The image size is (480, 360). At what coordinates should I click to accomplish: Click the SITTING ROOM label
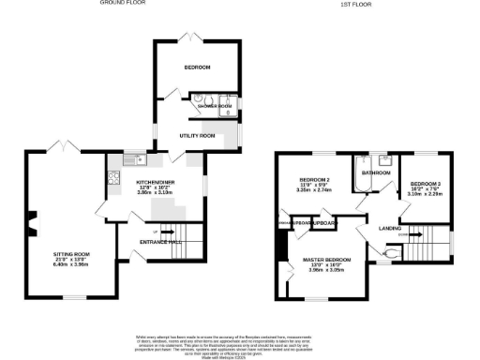click(70, 253)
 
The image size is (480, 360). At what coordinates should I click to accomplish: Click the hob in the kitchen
click(115, 177)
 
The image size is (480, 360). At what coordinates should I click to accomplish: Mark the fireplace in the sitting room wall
click(33, 224)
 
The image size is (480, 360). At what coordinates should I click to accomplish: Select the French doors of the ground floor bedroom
click(193, 38)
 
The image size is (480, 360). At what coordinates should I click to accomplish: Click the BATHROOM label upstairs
click(377, 172)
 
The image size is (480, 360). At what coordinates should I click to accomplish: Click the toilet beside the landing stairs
click(393, 251)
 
